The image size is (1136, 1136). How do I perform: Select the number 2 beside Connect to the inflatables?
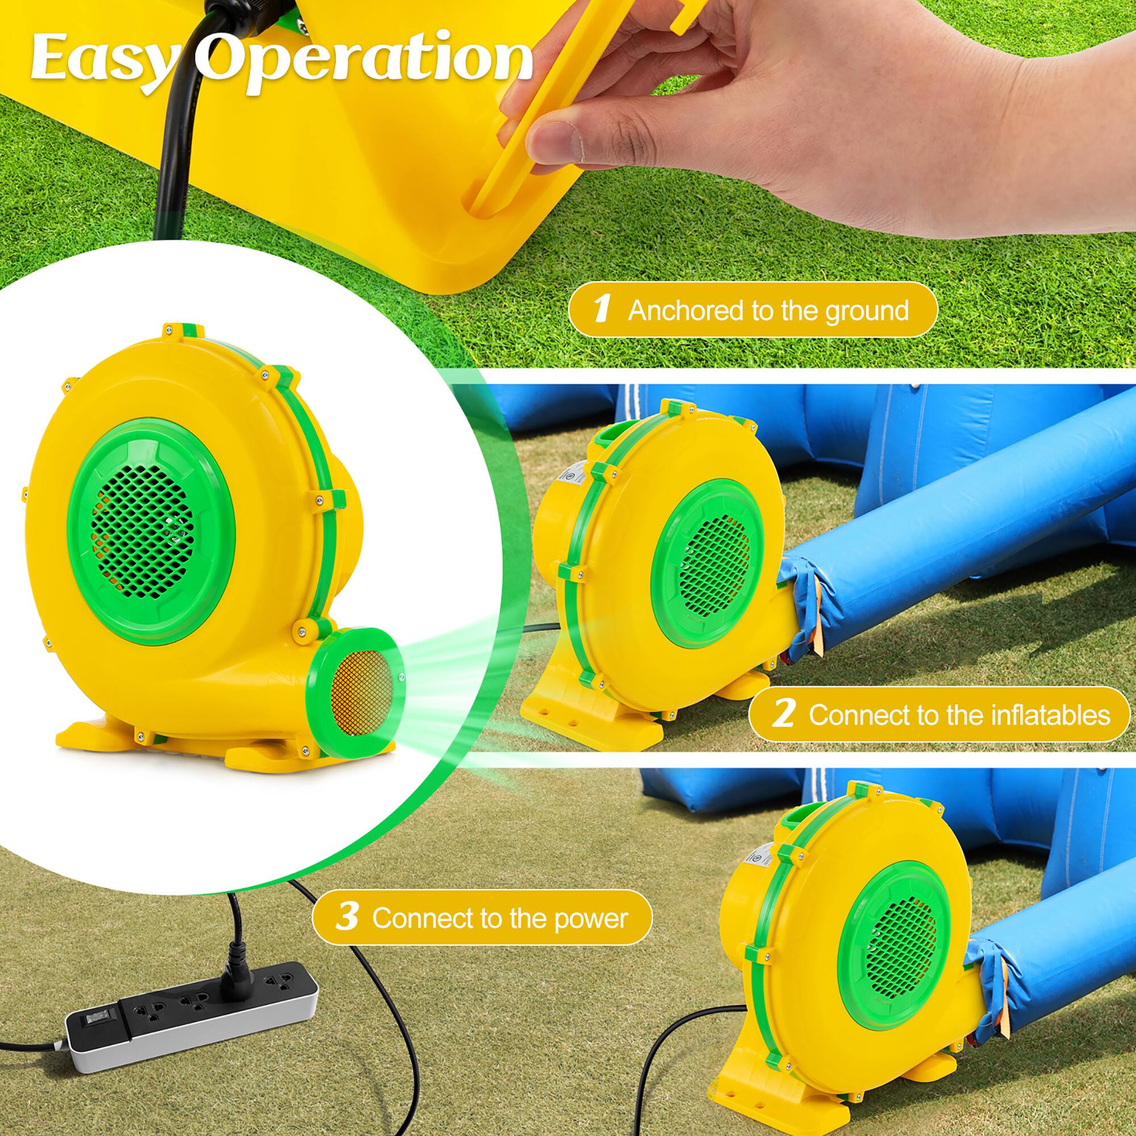(x=783, y=715)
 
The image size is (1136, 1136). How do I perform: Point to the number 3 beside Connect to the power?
(x=348, y=917)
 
